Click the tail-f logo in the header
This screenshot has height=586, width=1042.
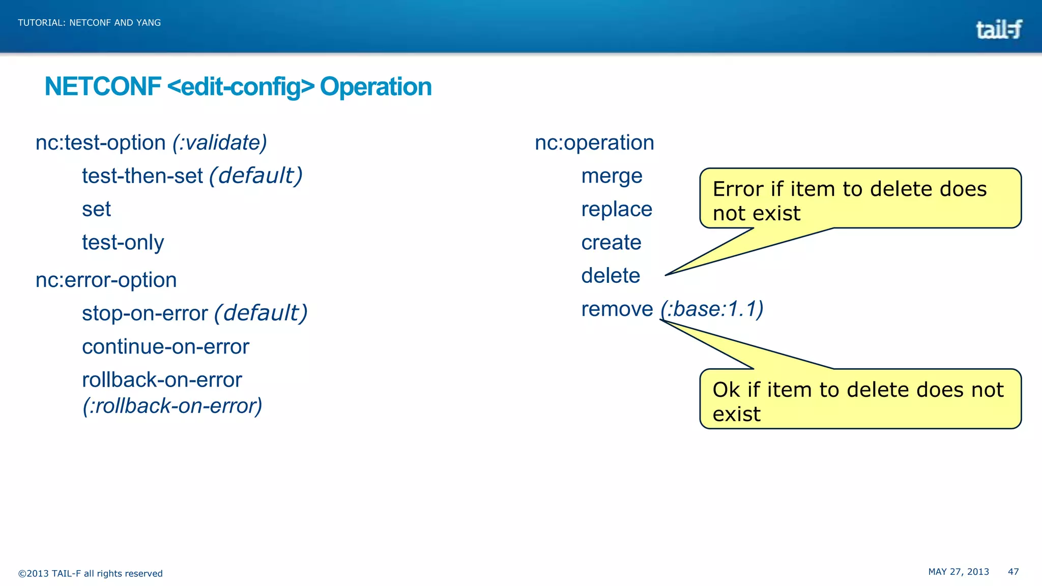[x=998, y=30]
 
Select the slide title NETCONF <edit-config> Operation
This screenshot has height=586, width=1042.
[x=238, y=86]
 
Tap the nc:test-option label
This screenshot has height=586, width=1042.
[x=101, y=143]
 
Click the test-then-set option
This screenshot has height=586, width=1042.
[x=142, y=176]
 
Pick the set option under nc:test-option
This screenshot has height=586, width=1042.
[x=96, y=210]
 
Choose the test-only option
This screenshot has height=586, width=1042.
[x=123, y=243]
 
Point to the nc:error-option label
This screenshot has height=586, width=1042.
[x=106, y=280]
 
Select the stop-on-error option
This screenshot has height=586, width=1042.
[x=145, y=313]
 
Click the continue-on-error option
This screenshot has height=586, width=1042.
[x=165, y=347]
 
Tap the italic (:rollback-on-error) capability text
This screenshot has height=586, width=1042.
[x=172, y=406]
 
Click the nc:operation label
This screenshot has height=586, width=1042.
[x=594, y=143]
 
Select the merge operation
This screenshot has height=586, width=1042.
[x=612, y=176]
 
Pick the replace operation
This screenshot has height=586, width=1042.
[x=617, y=210]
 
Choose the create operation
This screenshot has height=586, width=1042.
[x=611, y=243]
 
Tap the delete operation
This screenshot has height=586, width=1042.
[x=611, y=276]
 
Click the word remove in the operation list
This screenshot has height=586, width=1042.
[x=617, y=309]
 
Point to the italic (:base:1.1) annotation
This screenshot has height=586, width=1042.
[x=712, y=309]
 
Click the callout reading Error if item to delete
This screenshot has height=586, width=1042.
[x=860, y=198]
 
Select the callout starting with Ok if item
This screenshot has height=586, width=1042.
[x=860, y=399]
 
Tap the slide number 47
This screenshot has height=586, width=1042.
[x=1013, y=572]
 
